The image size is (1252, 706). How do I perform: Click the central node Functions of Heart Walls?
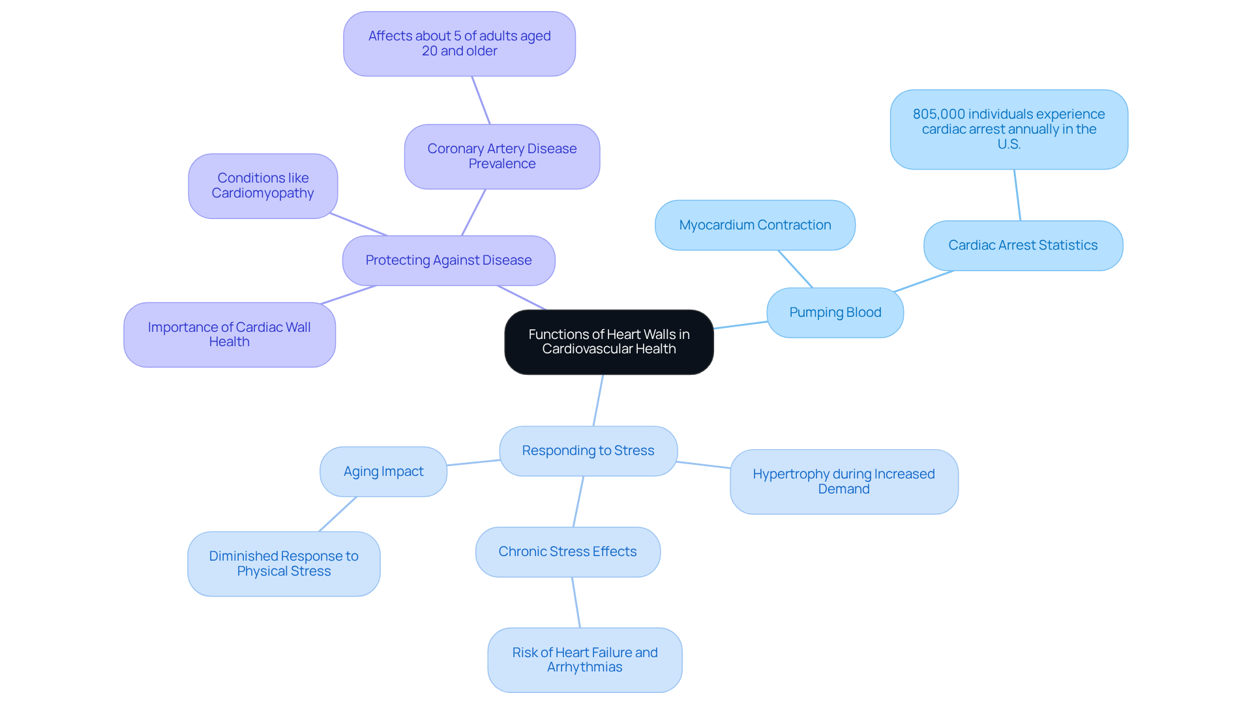pos(608,342)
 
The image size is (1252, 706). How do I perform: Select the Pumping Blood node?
pos(835,313)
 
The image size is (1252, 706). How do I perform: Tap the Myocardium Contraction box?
pos(754,225)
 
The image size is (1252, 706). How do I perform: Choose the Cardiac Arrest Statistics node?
pos(1022,245)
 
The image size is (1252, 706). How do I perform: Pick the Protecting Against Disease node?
pos(448,260)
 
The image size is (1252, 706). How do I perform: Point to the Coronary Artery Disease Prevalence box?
pos(501,156)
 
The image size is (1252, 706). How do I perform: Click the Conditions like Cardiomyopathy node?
pos(263,186)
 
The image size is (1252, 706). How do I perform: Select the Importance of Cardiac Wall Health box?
pos(229,334)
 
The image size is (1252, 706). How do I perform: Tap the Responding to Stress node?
pos(588,450)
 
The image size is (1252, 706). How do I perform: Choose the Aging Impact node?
pos(383,471)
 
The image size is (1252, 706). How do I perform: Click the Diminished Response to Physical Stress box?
pos(284,564)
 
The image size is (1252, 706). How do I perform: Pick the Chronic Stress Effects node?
pos(567,552)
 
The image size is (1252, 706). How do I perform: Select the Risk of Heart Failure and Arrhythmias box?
pos(584,660)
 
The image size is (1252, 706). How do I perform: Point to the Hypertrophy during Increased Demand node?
pos(843,482)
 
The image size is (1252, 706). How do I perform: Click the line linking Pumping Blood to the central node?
pos(740,325)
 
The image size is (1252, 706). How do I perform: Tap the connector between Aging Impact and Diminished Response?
pos(338,514)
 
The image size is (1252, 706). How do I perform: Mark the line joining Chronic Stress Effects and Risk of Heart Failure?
pos(576,602)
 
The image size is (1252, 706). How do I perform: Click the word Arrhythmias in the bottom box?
pos(584,668)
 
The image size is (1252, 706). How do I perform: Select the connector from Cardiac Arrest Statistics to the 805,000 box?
pos(1017,195)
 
